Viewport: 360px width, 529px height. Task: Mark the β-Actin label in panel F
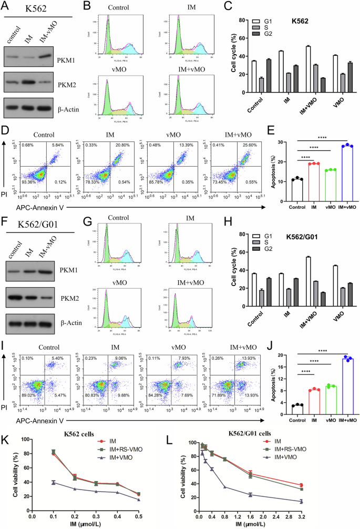click(x=78, y=320)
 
